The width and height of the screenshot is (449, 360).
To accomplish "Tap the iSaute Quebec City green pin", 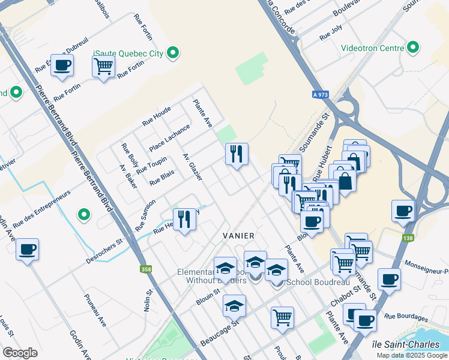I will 173,53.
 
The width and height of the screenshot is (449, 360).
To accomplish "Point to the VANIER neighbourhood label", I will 238,236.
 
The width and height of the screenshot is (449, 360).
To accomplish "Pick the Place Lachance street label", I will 169,138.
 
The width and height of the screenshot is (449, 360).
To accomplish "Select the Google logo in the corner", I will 20,353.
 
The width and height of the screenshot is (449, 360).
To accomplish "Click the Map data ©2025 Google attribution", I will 411,355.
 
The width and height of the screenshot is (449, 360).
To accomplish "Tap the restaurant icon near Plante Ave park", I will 237,154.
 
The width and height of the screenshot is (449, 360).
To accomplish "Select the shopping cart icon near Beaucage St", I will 282,317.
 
